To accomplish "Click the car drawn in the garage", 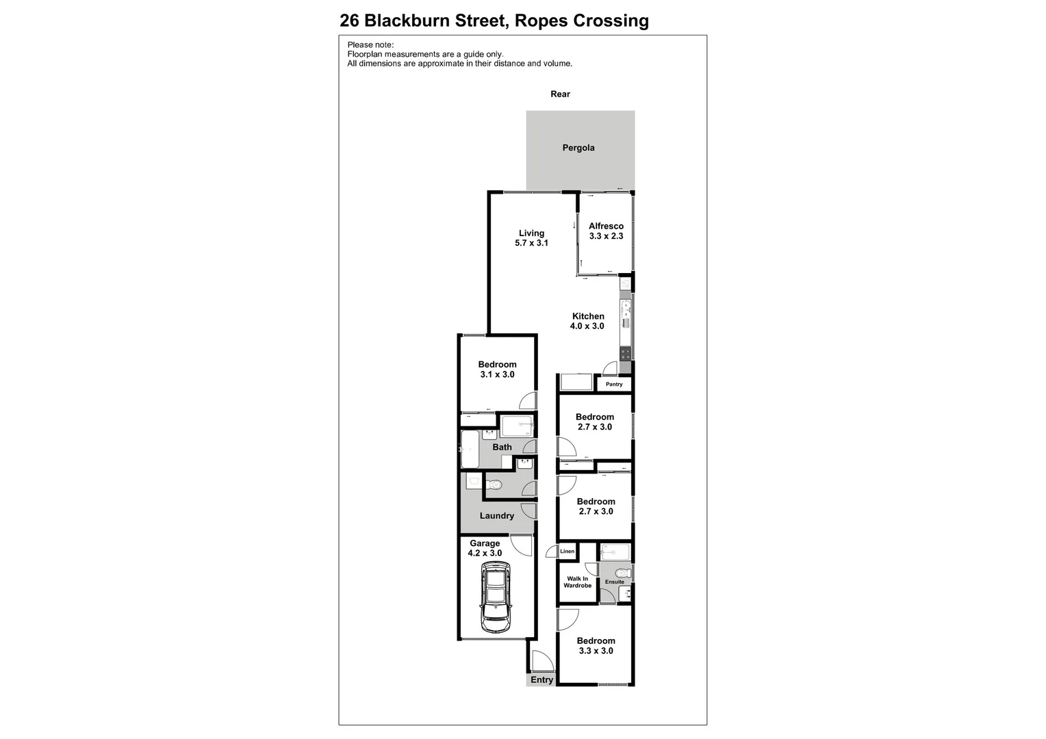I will pos(495,597).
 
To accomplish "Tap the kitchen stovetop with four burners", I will pos(625,354).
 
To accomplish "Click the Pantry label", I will pos(614,385).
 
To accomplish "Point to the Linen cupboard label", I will pos(567,552).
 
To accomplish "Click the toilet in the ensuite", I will pos(622,573).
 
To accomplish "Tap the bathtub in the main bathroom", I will pos(470,448).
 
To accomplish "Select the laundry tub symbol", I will pos(473,482).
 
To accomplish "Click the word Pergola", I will pos(578,148).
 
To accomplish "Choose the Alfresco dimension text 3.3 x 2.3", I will pos(606,236).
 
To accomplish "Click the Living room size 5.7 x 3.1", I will pos(531,243).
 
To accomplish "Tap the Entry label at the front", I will pos(541,680).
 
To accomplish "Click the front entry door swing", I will pos(542,661).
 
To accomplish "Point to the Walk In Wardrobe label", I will pos(577,582).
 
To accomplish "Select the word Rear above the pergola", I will pos(560,94).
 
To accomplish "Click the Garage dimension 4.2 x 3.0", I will pos(485,554).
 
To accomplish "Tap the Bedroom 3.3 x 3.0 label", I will pos(596,646).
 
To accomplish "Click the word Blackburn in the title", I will pos(407,21).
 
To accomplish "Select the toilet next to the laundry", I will pos(496,485).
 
